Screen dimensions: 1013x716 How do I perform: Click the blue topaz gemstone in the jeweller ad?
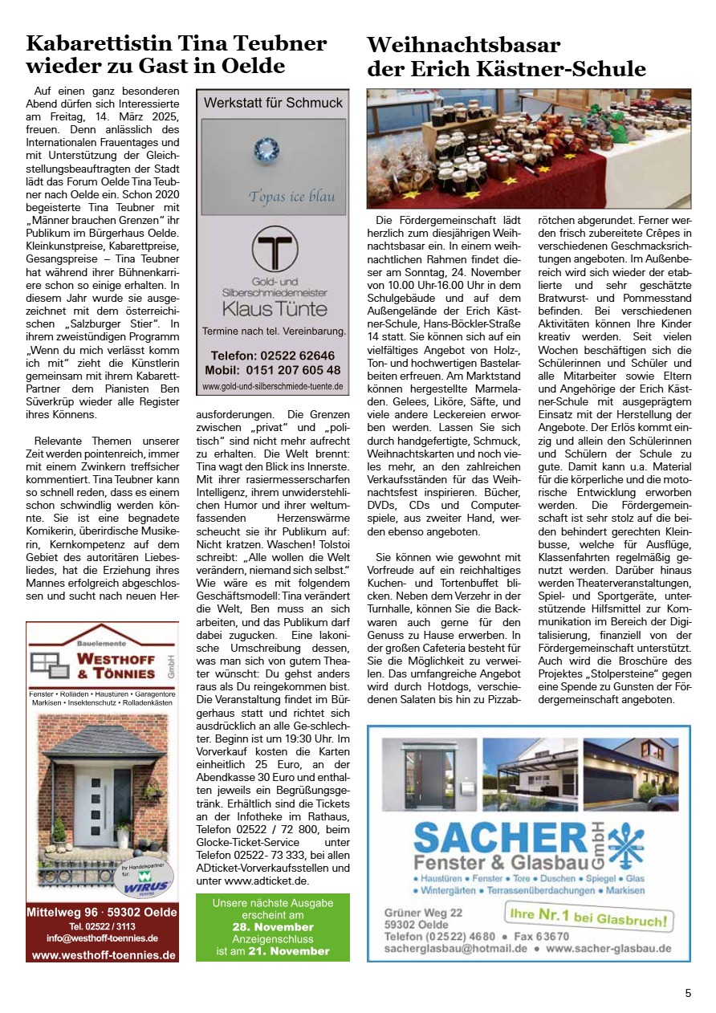pos(265,149)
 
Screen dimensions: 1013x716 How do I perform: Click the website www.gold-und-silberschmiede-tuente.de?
pos(273,386)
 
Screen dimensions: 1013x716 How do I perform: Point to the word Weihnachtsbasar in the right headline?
pos(463,45)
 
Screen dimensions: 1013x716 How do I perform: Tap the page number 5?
pos(688,993)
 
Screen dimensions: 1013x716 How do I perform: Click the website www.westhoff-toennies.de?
pos(103,955)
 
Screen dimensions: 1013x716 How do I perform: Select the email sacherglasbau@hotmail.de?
pos(455,947)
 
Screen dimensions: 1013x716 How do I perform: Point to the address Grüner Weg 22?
pos(423,913)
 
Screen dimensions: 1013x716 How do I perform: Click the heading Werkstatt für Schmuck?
pos(273,103)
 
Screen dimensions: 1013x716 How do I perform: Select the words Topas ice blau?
pos(291,197)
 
